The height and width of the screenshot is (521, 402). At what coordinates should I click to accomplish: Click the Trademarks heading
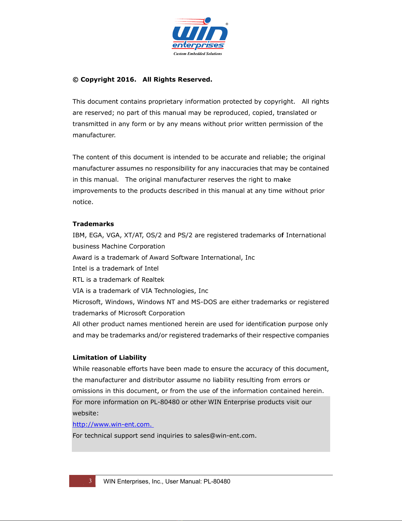click(93, 224)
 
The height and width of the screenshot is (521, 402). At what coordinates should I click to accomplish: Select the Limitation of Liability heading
click(109, 358)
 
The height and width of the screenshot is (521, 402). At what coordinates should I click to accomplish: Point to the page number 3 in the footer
click(90, 481)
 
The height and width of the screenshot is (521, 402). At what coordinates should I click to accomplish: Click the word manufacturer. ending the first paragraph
click(94, 135)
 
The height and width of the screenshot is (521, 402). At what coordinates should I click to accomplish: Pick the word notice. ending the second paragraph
click(83, 202)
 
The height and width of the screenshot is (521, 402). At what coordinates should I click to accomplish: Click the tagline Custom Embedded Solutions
click(198, 54)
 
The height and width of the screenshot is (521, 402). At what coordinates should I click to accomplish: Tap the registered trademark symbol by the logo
click(227, 24)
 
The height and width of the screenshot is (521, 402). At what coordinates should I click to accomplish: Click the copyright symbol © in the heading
click(75, 80)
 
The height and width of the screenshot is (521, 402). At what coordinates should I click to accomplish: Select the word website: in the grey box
click(86, 413)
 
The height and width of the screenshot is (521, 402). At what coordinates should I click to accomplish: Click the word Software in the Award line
click(185, 258)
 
